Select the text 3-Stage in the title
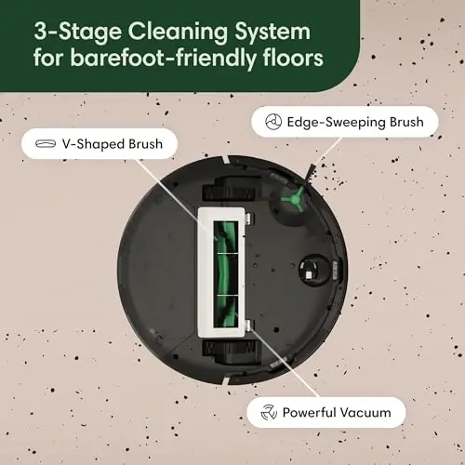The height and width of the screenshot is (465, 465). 71,30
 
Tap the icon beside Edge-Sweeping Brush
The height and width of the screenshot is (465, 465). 272,121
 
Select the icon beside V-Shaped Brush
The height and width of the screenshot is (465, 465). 43,145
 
